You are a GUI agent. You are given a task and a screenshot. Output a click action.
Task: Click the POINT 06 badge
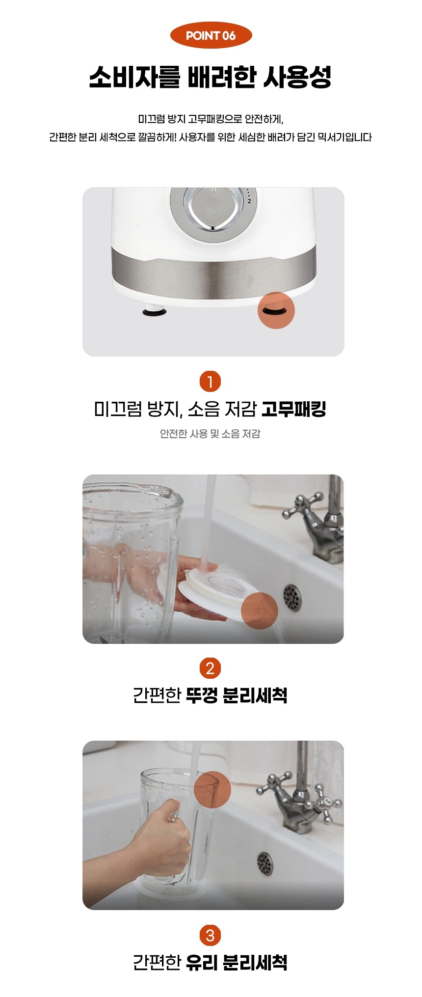coord(211,35)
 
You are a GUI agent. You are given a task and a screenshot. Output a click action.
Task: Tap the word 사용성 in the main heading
coord(298,77)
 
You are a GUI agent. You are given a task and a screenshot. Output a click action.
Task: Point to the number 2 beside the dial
coord(249,201)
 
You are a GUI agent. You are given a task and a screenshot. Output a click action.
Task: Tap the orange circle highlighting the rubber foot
coord(276,310)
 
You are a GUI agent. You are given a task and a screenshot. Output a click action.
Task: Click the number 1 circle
coord(211,382)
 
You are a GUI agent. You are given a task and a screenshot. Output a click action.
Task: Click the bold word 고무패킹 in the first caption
coord(293,409)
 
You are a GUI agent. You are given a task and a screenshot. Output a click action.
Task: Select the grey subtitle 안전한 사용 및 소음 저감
coord(211,434)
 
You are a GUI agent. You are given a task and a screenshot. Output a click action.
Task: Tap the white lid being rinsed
coord(216,589)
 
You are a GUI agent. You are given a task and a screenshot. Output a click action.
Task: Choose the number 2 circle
coord(211,668)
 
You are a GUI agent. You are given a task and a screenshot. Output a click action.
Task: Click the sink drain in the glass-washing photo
coord(264,863)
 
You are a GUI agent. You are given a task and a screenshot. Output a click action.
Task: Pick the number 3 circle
coord(211,936)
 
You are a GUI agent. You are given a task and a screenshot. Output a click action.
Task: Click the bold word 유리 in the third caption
coord(202,962)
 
